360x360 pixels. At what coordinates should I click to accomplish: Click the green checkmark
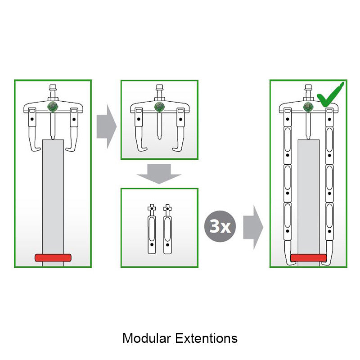point(330,93)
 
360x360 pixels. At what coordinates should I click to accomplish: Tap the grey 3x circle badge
point(220,227)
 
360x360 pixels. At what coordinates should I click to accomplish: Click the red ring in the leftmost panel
point(53,258)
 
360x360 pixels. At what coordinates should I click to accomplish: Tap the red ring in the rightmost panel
point(308,258)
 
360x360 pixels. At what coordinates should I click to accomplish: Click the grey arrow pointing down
point(159,173)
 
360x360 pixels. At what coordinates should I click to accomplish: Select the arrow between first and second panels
point(106,126)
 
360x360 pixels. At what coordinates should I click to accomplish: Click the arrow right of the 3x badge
point(253,227)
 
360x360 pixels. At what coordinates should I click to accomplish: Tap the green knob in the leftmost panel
point(53,107)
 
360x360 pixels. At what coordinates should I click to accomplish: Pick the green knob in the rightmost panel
point(308,107)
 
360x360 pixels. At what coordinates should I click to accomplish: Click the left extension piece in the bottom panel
point(151,229)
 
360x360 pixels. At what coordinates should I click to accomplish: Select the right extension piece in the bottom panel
point(167,229)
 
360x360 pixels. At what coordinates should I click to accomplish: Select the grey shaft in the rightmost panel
point(308,193)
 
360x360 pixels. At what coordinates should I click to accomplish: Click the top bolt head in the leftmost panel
point(53,88)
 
